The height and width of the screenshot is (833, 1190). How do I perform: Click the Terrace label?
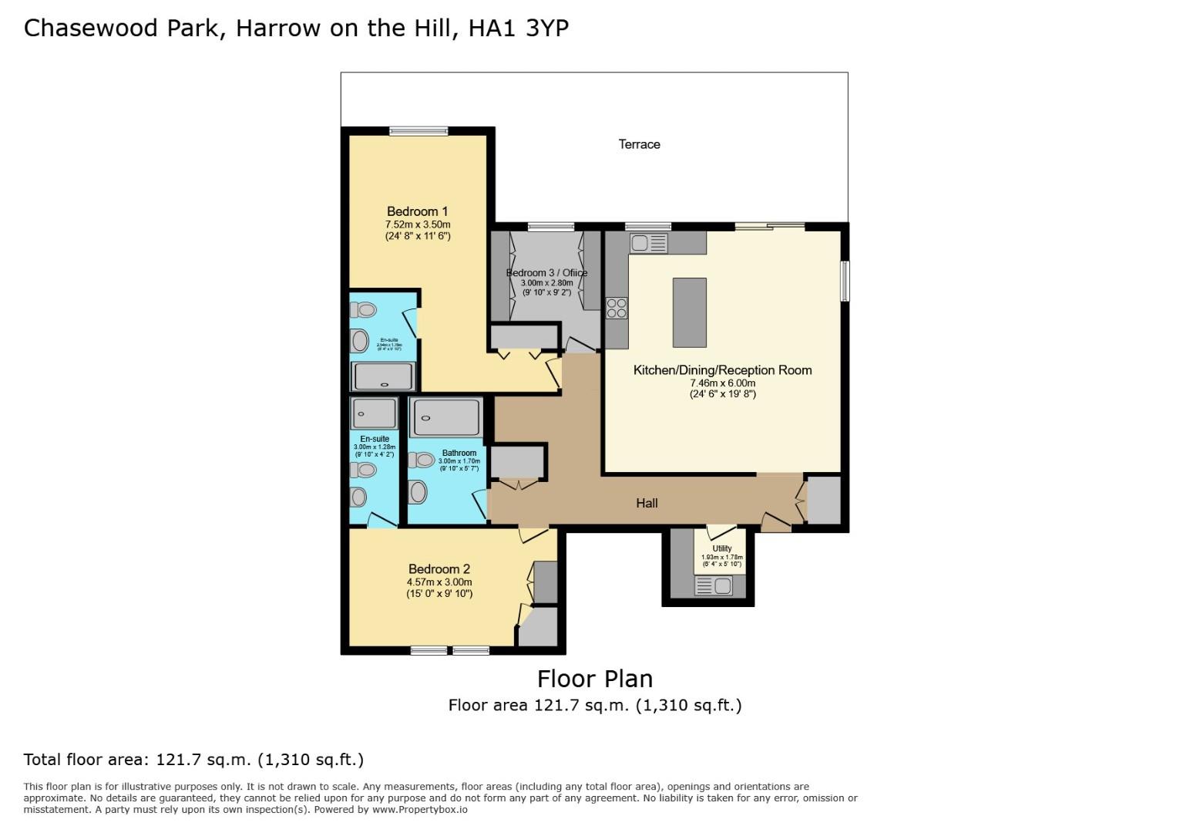tap(639, 144)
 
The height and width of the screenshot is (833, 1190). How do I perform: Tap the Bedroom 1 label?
tap(417, 211)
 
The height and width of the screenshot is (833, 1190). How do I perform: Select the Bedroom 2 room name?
tap(439, 569)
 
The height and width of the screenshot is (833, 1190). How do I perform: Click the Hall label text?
tap(647, 503)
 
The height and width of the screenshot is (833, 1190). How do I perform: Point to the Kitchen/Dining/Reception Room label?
tap(722, 370)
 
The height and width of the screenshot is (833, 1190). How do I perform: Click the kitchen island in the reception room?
tap(689, 312)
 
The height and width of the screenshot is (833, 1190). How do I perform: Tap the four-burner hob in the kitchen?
tap(617, 308)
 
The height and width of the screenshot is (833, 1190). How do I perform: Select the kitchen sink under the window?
tap(649, 244)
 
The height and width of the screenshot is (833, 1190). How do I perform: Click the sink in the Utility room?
tap(714, 586)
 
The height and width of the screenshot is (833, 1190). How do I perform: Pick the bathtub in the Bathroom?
tap(445, 418)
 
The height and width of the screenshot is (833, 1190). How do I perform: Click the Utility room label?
tap(722, 548)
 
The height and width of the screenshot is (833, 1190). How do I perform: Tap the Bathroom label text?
tap(459, 454)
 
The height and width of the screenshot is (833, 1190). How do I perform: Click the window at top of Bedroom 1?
tap(419, 131)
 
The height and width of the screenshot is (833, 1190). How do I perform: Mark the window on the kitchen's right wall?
tap(845, 281)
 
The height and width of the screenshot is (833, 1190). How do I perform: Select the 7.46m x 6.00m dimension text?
tap(722, 383)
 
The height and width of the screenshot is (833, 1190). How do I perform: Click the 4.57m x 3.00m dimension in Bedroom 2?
tap(439, 582)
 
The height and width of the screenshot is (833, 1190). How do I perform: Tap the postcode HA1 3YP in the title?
tap(519, 29)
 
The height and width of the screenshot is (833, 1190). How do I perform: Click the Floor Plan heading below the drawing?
tap(595, 679)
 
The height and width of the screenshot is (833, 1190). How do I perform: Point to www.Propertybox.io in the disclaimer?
tap(420, 810)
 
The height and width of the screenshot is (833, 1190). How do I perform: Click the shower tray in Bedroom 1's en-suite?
tap(384, 376)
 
